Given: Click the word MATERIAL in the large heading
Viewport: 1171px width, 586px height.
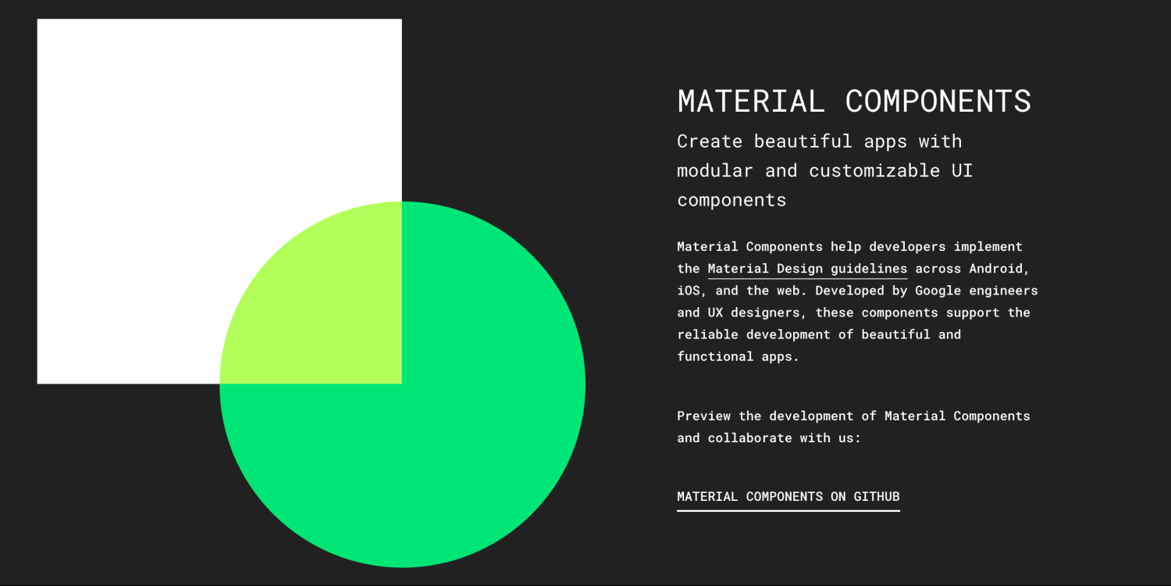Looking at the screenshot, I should coord(750,102).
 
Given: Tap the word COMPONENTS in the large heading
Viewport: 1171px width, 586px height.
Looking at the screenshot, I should coord(938,102).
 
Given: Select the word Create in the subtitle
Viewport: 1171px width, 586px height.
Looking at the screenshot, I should coord(710,141).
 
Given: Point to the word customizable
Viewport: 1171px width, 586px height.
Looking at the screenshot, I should coord(874,170).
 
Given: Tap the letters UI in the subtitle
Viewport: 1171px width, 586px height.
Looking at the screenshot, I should coord(962,170).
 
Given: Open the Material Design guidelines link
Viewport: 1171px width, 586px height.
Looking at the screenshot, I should coord(807,269).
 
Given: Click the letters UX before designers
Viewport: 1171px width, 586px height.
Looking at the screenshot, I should coord(715,313).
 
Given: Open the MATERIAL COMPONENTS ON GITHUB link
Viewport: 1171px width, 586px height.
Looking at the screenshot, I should coord(788,497).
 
